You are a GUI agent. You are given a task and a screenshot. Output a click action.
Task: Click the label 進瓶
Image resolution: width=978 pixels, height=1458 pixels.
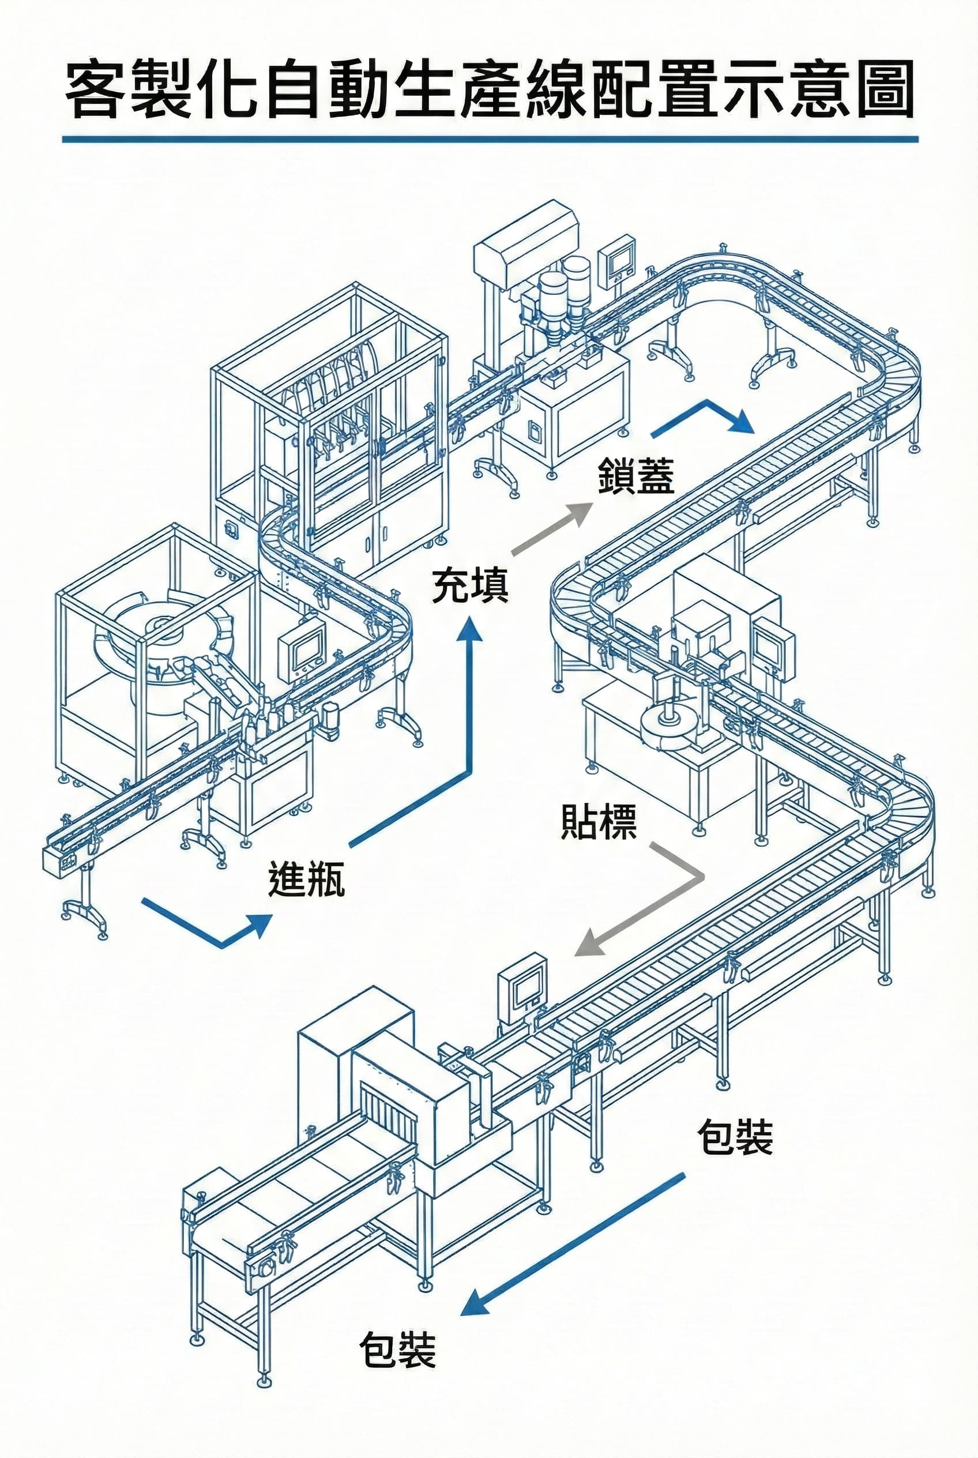click(x=306, y=880)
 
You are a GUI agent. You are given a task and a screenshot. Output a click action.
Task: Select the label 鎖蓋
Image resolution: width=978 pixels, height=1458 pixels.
click(x=635, y=476)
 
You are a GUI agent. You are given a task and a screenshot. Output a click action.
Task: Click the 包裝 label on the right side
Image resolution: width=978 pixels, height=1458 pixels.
click(x=735, y=1137)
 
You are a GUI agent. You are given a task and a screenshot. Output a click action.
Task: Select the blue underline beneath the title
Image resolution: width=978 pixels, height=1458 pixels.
click(x=490, y=138)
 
